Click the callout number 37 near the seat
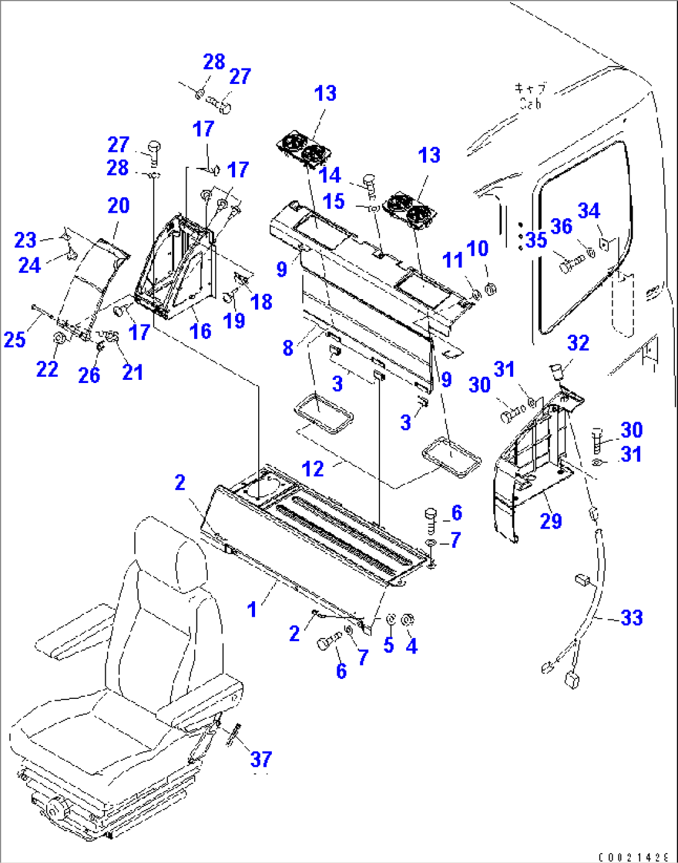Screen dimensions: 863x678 [261, 759]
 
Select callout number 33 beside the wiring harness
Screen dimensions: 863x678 [631, 617]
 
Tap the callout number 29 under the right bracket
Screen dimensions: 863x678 [550, 520]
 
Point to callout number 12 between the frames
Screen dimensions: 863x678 [313, 468]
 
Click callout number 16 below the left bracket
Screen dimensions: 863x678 [200, 331]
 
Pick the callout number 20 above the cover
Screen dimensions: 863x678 [118, 205]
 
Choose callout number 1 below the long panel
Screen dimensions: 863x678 [252, 609]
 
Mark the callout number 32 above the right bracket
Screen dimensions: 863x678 [578, 343]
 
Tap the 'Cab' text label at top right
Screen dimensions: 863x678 [530, 104]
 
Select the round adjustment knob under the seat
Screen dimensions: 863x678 [57, 809]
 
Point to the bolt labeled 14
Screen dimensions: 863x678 [369, 183]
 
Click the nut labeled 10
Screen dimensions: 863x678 [490, 288]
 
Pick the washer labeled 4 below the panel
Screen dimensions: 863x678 [409, 619]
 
